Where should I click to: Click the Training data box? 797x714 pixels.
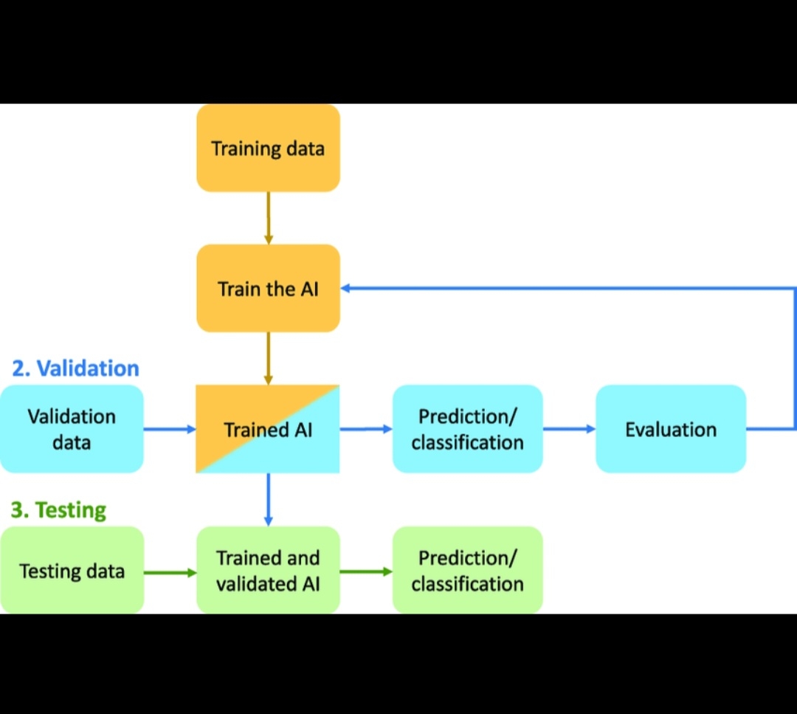268,148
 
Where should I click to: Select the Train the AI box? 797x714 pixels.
268,288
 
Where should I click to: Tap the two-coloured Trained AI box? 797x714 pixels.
268,429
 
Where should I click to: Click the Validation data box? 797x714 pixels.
72,429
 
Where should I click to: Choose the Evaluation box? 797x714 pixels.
671,429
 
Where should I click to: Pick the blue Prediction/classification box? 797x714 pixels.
467,429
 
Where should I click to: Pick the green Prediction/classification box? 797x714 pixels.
467,570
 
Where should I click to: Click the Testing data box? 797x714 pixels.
72,571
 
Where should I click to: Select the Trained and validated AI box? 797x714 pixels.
268,570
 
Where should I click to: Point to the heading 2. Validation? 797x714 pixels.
75,368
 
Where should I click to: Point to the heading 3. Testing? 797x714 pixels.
58,509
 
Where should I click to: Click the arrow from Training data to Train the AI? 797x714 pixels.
269,218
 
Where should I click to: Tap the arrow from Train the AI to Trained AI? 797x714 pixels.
269,358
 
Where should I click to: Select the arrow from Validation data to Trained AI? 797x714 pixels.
169,428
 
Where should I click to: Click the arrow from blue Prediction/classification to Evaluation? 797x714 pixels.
569,428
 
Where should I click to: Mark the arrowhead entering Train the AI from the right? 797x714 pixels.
345,288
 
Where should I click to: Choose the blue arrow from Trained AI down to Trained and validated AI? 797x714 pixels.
268,499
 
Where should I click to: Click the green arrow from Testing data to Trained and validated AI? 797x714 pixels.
170,571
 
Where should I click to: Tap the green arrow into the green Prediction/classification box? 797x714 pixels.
366,571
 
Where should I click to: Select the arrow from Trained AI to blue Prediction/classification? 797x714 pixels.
366,428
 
